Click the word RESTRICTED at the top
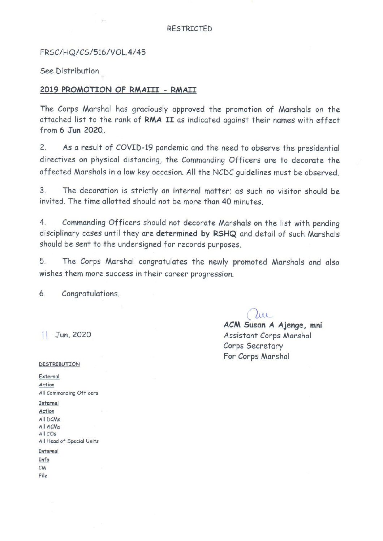tap(189, 29)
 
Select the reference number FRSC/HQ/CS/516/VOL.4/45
tap(93, 52)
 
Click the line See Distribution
tap(69, 71)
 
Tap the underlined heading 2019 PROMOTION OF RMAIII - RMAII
tap(118, 90)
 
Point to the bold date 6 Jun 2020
tap(72, 130)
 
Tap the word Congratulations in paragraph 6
tap(90, 294)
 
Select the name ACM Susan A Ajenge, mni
tap(273, 325)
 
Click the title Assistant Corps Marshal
tap(267, 336)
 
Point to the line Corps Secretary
tap(253, 346)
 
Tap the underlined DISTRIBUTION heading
tap(59, 364)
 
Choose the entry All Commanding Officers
tap(68, 393)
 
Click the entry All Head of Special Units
tap(69, 441)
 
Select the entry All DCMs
tap(50, 420)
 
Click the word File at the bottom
tap(43, 476)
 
